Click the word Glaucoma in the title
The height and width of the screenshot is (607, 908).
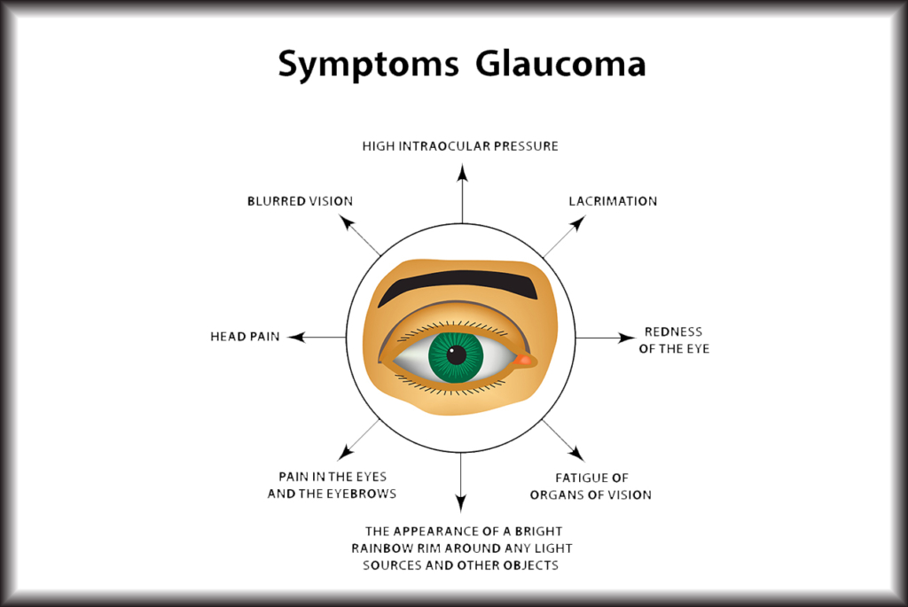tap(560, 63)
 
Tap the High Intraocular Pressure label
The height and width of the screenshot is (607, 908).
tap(460, 146)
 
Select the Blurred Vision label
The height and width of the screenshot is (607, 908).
tap(300, 201)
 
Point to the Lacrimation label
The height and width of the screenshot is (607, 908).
tap(613, 201)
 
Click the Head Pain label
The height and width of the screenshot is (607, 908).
tap(245, 337)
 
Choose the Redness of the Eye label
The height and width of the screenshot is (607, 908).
tap(674, 340)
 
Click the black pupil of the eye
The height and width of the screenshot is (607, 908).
tap(457, 354)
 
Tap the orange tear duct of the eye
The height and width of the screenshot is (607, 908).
tap(524, 360)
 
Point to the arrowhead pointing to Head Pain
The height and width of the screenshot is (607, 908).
tap(296, 337)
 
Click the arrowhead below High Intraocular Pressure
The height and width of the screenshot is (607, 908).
tap(462, 173)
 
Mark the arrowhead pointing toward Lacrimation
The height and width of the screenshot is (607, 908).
tap(579, 222)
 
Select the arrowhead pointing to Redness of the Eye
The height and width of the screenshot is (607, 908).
tap(627, 338)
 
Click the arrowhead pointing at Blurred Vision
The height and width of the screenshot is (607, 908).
tap(346, 222)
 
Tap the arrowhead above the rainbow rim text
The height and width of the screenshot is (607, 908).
tap(461, 503)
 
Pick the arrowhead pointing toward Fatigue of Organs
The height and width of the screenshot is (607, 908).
tap(577, 454)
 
